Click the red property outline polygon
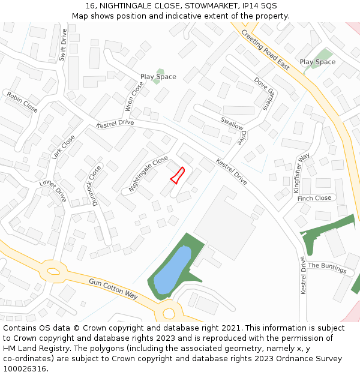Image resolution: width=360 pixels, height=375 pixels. (177, 175)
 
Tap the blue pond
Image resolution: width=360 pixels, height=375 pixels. (172, 269)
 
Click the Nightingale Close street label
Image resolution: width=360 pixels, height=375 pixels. (148, 173)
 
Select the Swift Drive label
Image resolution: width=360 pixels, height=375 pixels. (64, 45)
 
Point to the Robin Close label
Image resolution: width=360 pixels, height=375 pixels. (22, 102)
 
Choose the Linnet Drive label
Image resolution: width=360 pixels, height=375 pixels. (53, 191)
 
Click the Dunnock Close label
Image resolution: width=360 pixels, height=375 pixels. (95, 185)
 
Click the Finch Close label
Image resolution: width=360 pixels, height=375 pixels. (314, 198)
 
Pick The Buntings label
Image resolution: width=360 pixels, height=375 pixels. (327, 268)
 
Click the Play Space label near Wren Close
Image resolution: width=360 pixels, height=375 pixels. (158, 77)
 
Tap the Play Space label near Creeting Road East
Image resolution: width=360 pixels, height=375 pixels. (317, 62)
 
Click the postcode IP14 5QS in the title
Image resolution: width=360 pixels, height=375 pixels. (257, 5)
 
